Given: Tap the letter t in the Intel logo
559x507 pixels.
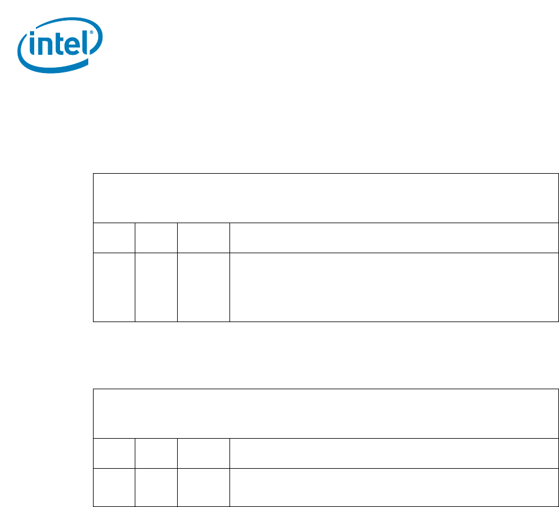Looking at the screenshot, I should tap(59, 44).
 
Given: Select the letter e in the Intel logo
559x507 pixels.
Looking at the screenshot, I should tap(72, 46).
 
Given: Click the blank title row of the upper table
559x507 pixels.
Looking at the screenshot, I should tap(325, 198).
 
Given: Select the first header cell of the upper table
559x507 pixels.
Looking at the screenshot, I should tap(114, 238).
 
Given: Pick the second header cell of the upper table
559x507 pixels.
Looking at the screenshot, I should tap(156, 238).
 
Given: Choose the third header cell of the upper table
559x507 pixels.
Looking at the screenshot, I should tap(203, 238).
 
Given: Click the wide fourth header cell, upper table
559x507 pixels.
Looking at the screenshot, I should tap(394, 238).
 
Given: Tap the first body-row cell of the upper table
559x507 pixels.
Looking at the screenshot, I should tap(114, 287).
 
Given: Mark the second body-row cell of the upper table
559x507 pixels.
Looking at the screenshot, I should tap(156, 287).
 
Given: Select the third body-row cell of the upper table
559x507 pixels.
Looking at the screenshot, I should tap(203, 287).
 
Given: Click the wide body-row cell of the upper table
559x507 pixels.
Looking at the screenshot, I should tap(394, 287).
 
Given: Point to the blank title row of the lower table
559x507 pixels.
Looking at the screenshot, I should tap(325, 413).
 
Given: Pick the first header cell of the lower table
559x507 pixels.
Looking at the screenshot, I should tap(114, 453).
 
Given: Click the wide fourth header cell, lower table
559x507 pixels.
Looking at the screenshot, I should tap(394, 453).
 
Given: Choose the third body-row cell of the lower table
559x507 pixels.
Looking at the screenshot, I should tap(203, 487).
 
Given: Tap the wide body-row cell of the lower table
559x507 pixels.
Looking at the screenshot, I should tap(394, 487).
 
